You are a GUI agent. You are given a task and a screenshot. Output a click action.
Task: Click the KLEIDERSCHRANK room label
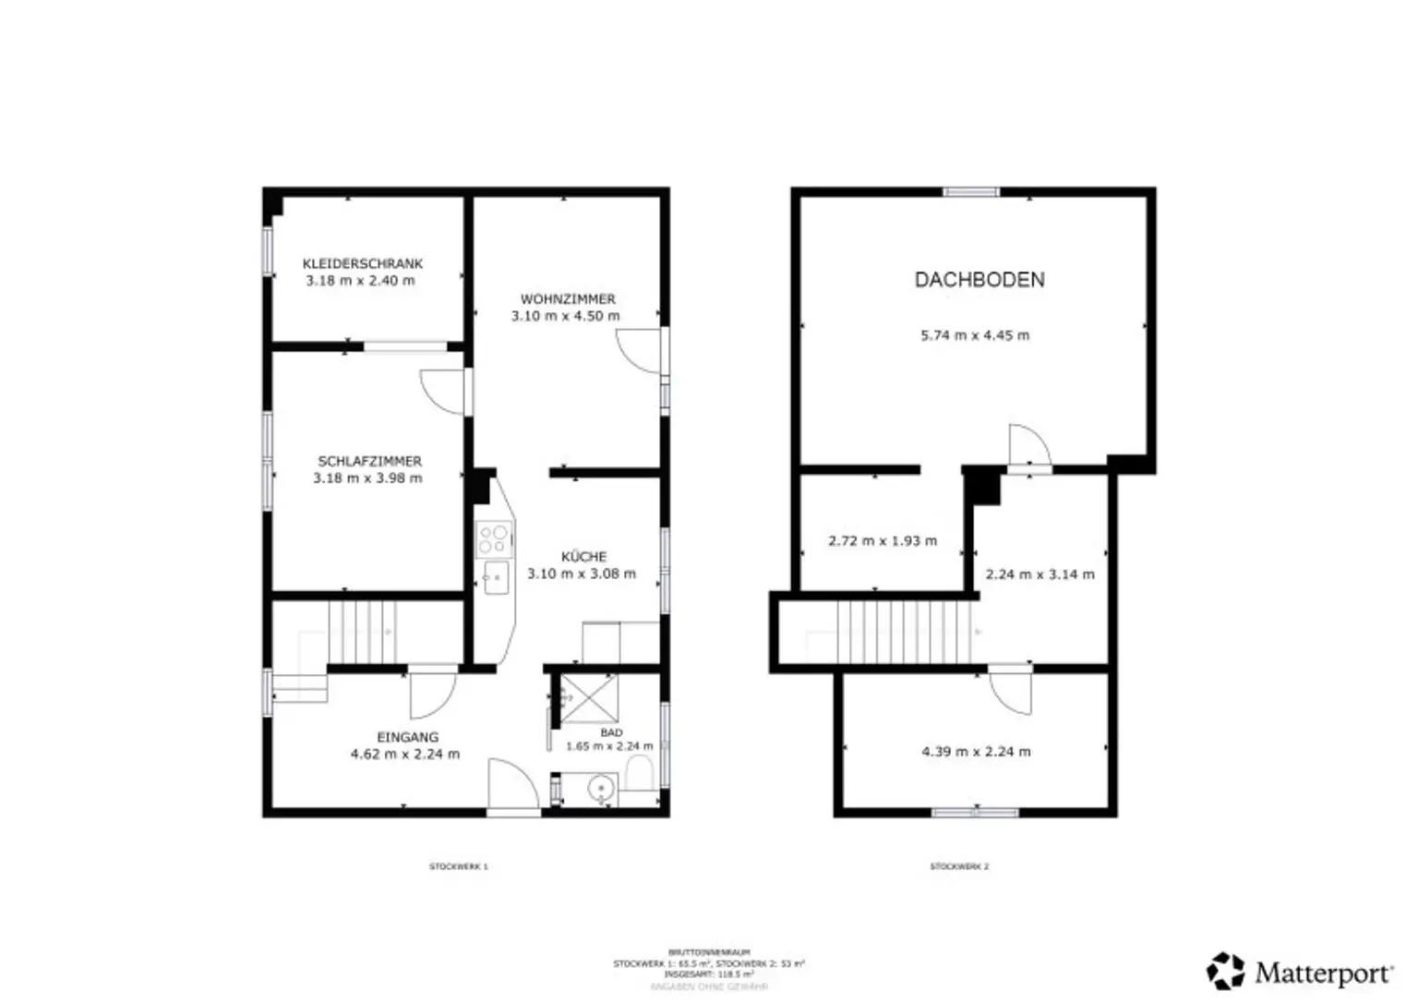(x=362, y=263)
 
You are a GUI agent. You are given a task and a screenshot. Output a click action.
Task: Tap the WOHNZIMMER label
(x=567, y=299)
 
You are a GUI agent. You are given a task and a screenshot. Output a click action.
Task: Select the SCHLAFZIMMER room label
(x=369, y=461)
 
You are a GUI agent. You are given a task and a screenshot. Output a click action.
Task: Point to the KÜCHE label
(x=583, y=557)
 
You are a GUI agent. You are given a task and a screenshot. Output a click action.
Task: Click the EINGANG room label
(x=407, y=737)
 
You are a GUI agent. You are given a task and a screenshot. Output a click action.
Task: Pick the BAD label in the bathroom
(x=611, y=732)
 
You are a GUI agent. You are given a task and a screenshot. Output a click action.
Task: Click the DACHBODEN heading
(x=979, y=280)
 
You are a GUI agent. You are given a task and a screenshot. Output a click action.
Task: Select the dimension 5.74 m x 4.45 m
(x=975, y=335)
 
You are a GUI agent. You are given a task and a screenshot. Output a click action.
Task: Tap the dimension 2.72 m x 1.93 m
(x=883, y=541)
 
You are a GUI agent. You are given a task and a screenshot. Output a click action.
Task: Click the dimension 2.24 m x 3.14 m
(x=1040, y=575)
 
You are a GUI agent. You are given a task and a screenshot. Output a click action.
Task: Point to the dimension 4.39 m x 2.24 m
(x=976, y=752)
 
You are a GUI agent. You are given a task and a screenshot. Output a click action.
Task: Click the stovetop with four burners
(x=494, y=539)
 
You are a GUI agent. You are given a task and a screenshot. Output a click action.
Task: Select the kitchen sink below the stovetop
(x=496, y=578)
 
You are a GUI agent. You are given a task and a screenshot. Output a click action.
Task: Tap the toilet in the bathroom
(x=639, y=774)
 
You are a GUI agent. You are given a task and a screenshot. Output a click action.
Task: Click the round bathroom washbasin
(x=601, y=789)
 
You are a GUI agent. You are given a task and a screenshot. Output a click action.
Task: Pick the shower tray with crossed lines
(x=589, y=698)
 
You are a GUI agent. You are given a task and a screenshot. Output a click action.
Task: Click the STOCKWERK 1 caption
(x=458, y=866)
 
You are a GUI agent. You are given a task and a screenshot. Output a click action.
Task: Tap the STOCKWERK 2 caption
(x=959, y=866)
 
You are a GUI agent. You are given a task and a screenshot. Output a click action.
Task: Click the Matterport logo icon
(x=1226, y=971)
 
